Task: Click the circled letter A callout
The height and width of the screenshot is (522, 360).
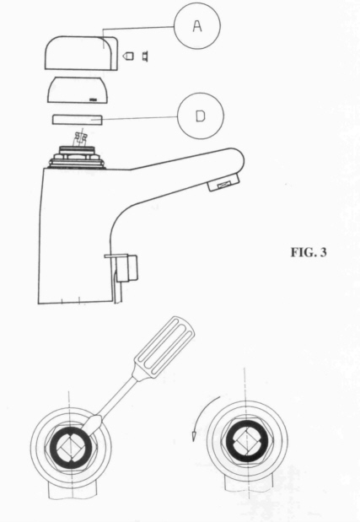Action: click(197, 26)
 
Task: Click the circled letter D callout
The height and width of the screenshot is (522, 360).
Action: click(201, 116)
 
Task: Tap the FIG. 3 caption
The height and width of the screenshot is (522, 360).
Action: click(309, 252)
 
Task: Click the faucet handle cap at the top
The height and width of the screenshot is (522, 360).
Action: click(81, 53)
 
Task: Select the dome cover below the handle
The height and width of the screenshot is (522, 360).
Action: click(78, 89)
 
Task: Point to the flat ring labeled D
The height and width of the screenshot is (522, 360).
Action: click(77, 120)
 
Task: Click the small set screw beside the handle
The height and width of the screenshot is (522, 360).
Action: click(129, 56)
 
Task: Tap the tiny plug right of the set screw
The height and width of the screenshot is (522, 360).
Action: click(145, 56)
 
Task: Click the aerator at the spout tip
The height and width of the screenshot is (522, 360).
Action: click(224, 184)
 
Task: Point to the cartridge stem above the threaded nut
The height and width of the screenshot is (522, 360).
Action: click(80, 138)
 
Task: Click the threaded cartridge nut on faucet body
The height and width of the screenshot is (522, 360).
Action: click(78, 157)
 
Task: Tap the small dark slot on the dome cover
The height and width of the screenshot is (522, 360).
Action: click(93, 99)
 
